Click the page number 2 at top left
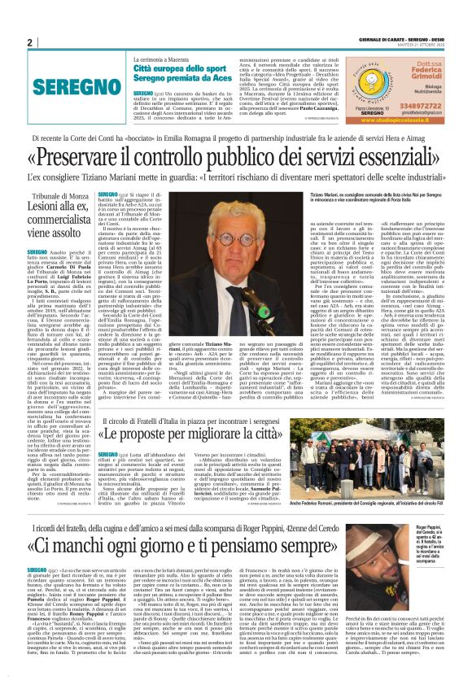[x=29, y=43]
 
